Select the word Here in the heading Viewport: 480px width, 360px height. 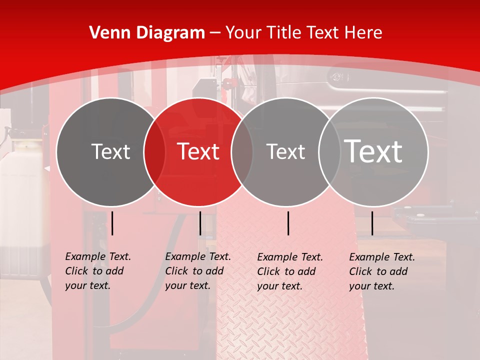pos(363,33)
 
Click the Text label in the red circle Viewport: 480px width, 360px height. pos(198,151)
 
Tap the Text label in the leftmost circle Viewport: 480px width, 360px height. pos(110,151)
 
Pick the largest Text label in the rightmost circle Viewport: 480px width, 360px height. pos(373,151)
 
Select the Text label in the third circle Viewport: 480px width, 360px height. pos(285,151)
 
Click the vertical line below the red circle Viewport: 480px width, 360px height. pos(200,223)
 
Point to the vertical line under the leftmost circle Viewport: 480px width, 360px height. pos(112,223)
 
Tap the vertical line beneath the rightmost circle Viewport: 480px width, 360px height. pos(372,223)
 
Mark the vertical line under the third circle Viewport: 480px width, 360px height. pos(288,223)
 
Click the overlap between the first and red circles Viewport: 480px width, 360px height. pos(154,152)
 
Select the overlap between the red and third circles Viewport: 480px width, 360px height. pos(242,152)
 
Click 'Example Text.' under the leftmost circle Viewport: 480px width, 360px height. pos(98,256)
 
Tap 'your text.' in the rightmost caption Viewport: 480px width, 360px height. pos(371,286)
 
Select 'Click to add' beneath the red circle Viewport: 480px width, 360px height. pos(194,271)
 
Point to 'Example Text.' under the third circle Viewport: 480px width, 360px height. pos(290,257)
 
